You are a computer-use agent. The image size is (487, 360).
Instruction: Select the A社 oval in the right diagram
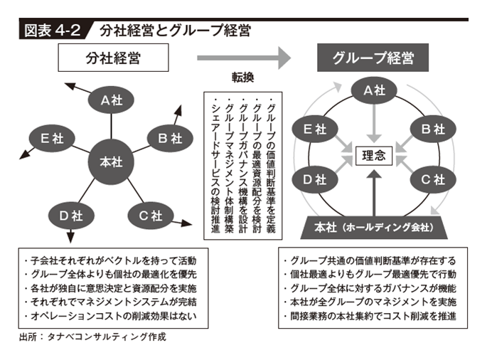[x=374, y=90]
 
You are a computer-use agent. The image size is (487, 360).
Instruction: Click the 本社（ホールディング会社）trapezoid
[x=374, y=228]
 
